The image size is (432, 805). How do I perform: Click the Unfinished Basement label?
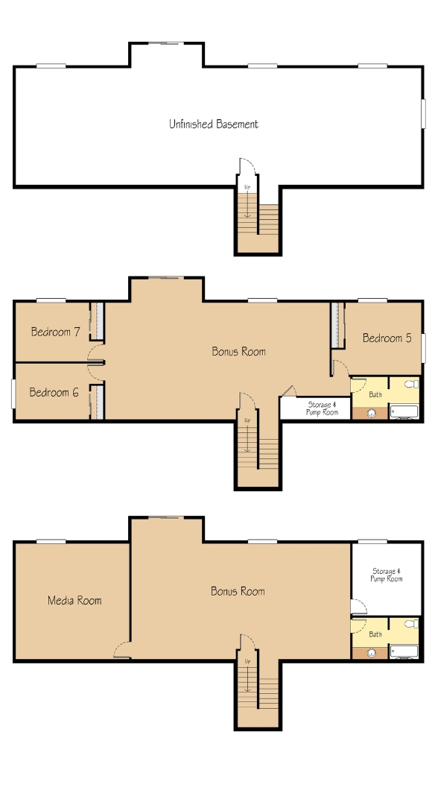[214, 124]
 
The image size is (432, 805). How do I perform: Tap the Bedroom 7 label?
[55, 332]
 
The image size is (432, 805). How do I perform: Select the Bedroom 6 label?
[54, 392]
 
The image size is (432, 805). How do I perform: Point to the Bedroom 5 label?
[387, 338]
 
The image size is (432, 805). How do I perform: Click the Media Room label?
[74, 600]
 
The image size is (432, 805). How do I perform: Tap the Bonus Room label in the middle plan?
[238, 351]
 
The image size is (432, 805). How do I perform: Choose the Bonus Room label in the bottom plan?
[238, 591]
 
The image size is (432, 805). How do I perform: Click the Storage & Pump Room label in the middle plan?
[323, 408]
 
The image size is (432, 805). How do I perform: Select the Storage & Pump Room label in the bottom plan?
[387, 575]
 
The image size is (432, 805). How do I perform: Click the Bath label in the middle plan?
[375, 394]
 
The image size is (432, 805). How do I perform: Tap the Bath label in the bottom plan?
[375, 634]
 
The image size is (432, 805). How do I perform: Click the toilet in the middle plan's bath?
[411, 384]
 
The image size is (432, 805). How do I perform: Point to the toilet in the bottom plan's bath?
[411, 623]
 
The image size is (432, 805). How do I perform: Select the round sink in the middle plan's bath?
[372, 413]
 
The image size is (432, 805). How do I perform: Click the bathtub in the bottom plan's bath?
[404, 651]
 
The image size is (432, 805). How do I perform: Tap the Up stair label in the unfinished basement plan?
[247, 187]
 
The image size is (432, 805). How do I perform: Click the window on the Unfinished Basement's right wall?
[424, 113]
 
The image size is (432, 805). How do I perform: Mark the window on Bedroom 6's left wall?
[13, 394]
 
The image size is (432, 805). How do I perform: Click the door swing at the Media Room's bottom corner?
[122, 650]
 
